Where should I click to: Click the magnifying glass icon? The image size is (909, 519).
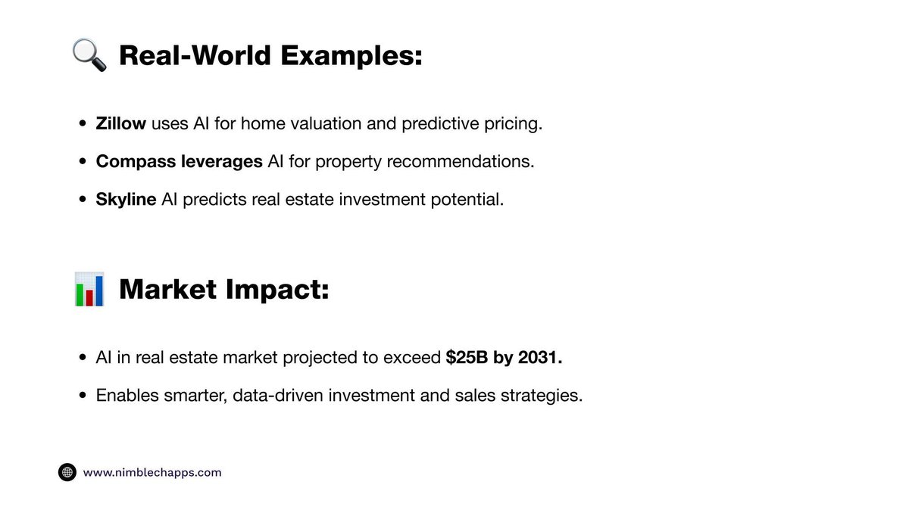click(89, 56)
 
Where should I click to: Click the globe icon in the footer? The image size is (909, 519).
click(67, 472)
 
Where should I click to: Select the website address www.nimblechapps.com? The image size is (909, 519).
click(152, 472)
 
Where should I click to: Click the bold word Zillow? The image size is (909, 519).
click(121, 124)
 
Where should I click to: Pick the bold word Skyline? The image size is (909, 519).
click(126, 200)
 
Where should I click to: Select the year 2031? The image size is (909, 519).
click(540, 357)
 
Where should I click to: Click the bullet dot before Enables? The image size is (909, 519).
click(83, 396)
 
